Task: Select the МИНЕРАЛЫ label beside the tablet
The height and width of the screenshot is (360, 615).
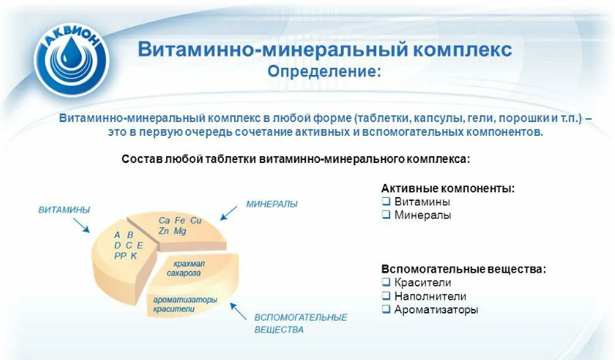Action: [x=271, y=204]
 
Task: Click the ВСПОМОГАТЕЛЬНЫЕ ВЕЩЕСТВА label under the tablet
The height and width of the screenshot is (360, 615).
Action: [x=301, y=323]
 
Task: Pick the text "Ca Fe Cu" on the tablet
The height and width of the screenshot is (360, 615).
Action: [x=180, y=220]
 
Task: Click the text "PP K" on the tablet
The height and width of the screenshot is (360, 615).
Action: [x=125, y=255]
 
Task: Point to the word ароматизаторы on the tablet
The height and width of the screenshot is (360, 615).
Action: [x=185, y=299]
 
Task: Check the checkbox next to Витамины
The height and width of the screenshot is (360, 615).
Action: [x=386, y=202]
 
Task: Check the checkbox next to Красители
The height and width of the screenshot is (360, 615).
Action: [x=386, y=283]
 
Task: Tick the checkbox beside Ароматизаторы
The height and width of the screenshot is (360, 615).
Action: [x=386, y=310]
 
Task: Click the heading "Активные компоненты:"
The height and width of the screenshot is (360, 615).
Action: [x=447, y=188]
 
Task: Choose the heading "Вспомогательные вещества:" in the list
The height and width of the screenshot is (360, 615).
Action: [x=463, y=269]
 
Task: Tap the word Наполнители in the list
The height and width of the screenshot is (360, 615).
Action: [x=430, y=296]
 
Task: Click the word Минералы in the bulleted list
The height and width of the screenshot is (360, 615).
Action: [x=423, y=216]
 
